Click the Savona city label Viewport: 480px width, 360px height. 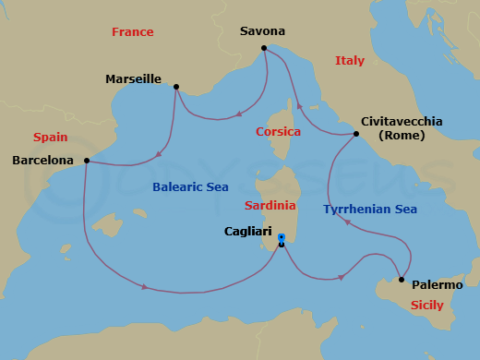pyautogui.click(x=263, y=31)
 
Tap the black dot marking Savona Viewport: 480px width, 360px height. pyautogui.click(x=264, y=48)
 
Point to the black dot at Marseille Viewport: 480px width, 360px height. pyautogui.click(x=176, y=88)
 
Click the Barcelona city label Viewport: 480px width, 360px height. pyautogui.click(x=42, y=161)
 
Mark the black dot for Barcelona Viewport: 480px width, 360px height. pyautogui.click(x=86, y=161)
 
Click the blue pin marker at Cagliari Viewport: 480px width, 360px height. pyautogui.click(x=281, y=238)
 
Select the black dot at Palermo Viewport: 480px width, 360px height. pyautogui.click(x=402, y=280)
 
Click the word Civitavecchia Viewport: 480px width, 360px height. pyautogui.click(x=402, y=121)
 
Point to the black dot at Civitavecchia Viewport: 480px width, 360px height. pyautogui.click(x=356, y=135)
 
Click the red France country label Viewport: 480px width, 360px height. pyautogui.click(x=132, y=32)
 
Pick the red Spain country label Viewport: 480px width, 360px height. pyautogui.click(x=51, y=138)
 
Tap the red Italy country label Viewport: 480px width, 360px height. pyautogui.click(x=350, y=61)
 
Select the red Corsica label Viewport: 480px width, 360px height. pyautogui.click(x=278, y=132)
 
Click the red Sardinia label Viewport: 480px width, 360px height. pyautogui.click(x=270, y=205)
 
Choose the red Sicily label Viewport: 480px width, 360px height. pyautogui.click(x=426, y=305)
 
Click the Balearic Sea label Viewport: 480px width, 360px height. pyautogui.click(x=190, y=187)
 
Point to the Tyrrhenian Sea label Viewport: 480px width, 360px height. pyautogui.click(x=369, y=210)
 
